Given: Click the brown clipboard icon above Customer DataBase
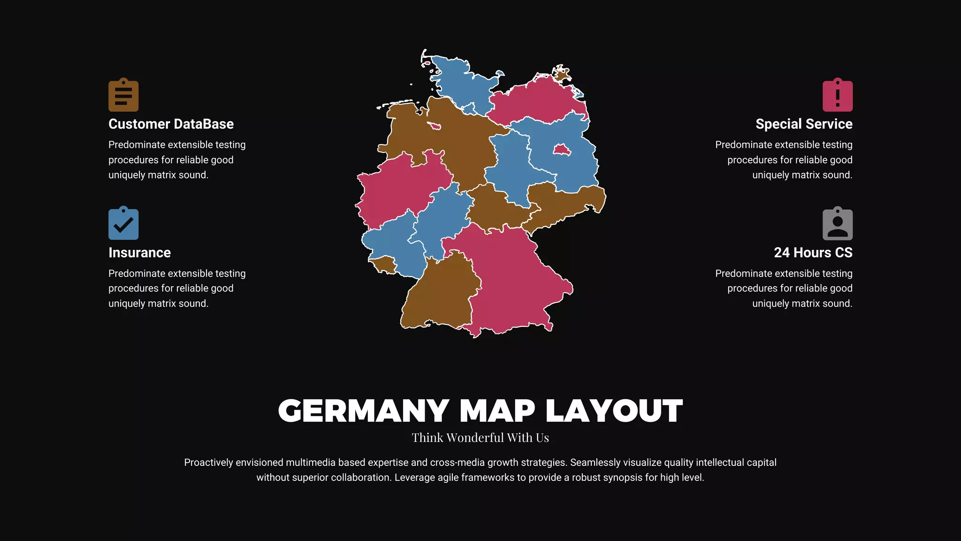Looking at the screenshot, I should [x=123, y=95].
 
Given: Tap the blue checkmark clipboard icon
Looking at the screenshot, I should [x=123, y=224].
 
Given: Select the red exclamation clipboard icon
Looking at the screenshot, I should [x=837, y=95].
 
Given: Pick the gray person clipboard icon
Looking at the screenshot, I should [x=837, y=224].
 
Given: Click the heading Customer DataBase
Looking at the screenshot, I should [x=171, y=124].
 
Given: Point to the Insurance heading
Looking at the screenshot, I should [x=139, y=253].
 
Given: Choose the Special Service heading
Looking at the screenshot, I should [x=804, y=124].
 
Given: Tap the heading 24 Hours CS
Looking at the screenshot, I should [x=813, y=253].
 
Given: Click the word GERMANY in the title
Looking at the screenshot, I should [x=364, y=411].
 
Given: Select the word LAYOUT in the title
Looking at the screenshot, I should [x=614, y=411].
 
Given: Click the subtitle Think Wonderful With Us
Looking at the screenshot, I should [x=480, y=438].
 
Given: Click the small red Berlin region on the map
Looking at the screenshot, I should [x=562, y=150].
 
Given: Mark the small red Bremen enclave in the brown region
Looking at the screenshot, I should [x=435, y=126].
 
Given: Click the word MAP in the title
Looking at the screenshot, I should [x=497, y=411].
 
